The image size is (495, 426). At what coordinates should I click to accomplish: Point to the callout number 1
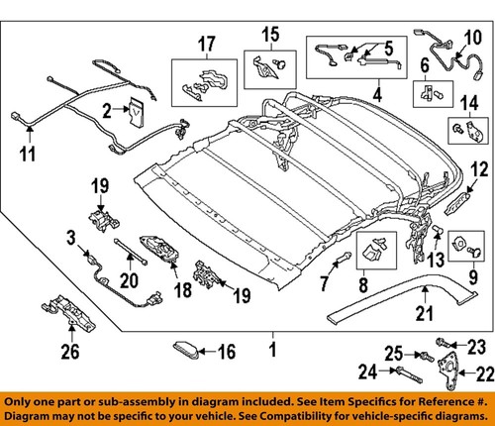click(270, 350)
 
